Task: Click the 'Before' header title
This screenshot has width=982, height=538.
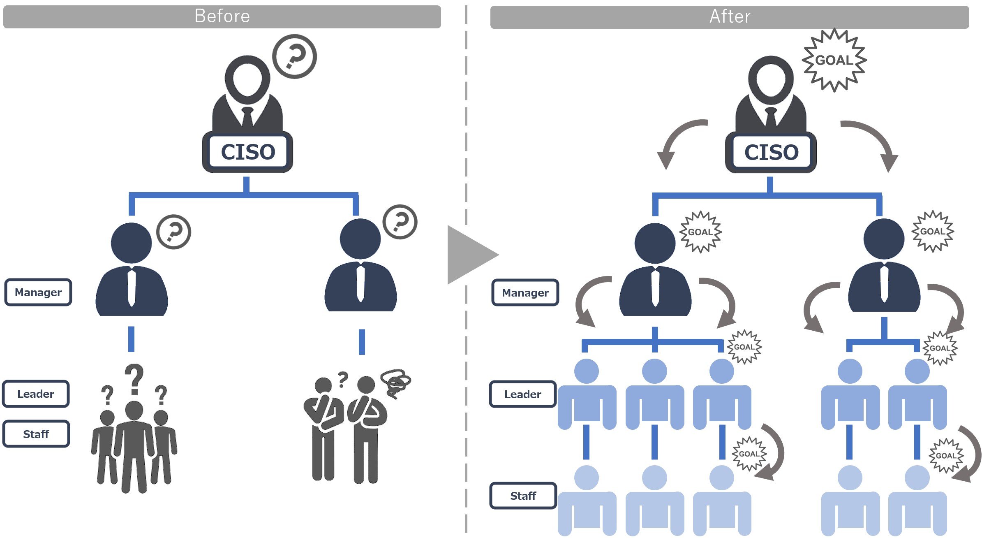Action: (222, 16)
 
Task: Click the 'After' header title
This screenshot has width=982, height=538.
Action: (730, 17)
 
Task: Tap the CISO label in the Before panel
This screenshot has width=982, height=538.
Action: (248, 152)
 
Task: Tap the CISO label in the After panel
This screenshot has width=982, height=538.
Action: (771, 152)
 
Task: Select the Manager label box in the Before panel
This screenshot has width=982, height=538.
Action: (38, 292)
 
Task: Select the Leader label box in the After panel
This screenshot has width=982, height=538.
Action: (522, 394)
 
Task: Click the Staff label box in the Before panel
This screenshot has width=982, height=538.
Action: (36, 434)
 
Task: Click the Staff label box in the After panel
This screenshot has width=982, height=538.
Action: (523, 496)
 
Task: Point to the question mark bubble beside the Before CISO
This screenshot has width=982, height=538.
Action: (295, 56)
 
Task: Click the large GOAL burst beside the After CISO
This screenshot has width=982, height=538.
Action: (834, 60)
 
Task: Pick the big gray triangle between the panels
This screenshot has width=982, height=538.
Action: (471, 255)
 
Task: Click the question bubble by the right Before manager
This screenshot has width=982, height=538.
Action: (400, 222)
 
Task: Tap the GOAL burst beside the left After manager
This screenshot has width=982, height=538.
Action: (700, 232)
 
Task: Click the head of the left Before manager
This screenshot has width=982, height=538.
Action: (131, 243)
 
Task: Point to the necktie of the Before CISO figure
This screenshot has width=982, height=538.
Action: (247, 117)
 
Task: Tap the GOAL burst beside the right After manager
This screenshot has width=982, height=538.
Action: (932, 231)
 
